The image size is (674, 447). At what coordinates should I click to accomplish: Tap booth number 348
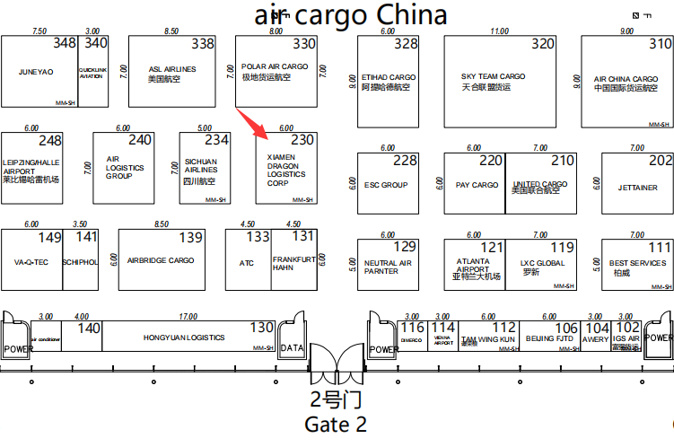click(65, 43)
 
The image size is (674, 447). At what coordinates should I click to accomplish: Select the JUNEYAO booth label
click(36, 71)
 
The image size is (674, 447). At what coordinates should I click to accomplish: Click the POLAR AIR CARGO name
click(275, 66)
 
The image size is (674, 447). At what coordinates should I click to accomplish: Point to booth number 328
click(406, 43)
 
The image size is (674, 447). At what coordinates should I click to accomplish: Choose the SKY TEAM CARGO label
click(493, 76)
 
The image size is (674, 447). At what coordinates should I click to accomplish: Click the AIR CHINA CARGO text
click(626, 79)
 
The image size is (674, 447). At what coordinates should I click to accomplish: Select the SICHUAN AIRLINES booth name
click(200, 165)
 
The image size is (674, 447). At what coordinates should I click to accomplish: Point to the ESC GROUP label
click(386, 185)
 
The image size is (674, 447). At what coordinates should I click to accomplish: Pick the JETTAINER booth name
click(637, 188)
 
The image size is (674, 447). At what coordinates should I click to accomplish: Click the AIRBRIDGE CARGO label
click(161, 260)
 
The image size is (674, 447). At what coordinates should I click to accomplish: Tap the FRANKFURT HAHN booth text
click(294, 263)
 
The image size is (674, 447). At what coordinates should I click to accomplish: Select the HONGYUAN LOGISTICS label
click(184, 337)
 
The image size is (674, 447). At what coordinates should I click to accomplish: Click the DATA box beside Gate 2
click(292, 347)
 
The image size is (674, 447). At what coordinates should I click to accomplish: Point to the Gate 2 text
click(337, 424)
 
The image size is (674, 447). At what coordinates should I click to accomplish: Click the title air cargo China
click(351, 15)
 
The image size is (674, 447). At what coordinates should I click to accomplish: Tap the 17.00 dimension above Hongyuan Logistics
click(188, 316)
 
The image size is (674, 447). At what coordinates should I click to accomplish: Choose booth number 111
click(660, 247)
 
